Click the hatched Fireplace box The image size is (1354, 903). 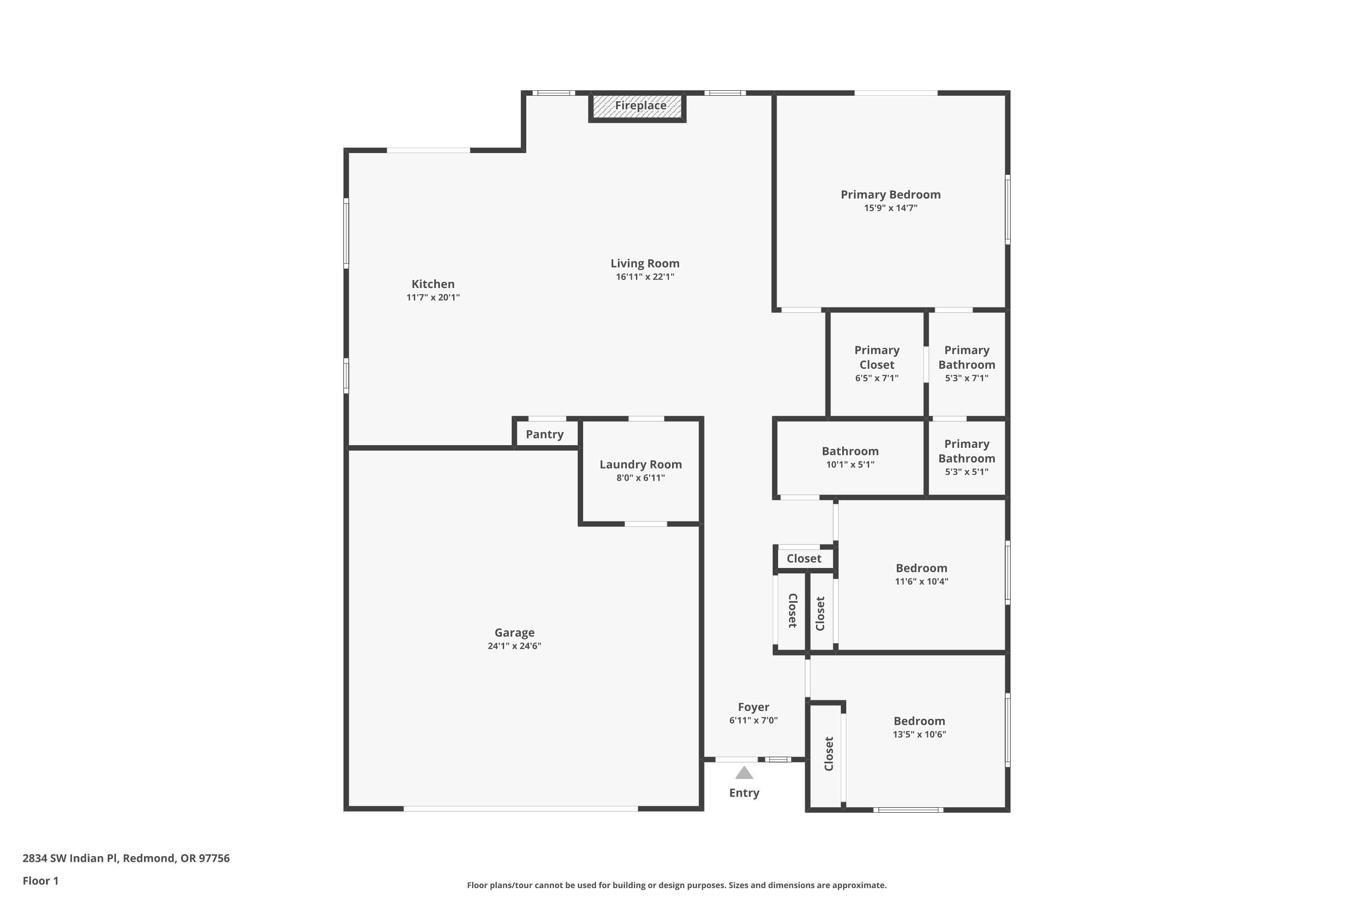pos(637,107)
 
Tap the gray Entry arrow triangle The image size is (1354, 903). pos(744,773)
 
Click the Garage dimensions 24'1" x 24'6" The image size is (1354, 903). pos(514,646)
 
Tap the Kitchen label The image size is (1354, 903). pos(433,284)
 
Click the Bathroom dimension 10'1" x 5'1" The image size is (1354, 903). pos(850,465)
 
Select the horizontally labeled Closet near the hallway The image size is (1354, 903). pos(804,559)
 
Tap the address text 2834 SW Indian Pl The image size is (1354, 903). pos(126,858)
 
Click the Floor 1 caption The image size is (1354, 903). pos(40,880)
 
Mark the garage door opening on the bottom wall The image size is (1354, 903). pos(520,809)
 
